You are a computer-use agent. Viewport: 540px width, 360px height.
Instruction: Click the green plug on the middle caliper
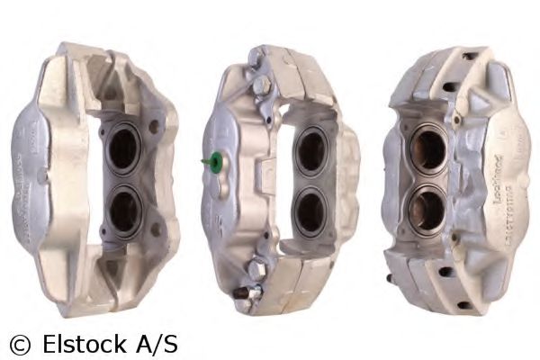[213, 162]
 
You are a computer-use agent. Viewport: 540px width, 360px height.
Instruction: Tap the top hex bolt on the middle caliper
[260, 85]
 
